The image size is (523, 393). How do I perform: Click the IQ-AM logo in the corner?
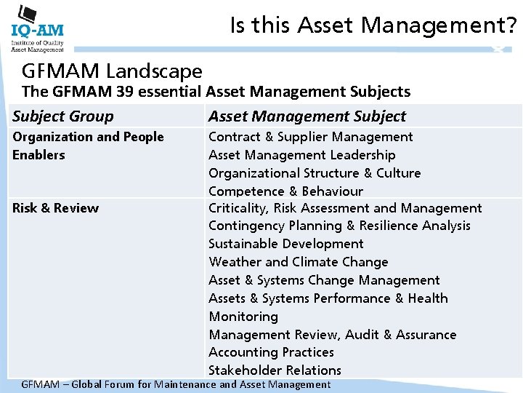(37, 28)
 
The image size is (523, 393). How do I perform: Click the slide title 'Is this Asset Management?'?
(373, 26)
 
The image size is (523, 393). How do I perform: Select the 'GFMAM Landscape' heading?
(112, 71)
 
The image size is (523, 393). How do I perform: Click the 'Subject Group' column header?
(63, 116)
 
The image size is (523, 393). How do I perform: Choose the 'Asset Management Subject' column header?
(307, 116)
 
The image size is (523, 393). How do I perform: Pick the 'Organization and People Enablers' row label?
(88, 146)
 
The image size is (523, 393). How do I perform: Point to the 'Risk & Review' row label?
(55, 208)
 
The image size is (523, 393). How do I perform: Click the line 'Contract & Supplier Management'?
(310, 137)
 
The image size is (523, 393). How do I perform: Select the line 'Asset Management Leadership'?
(301, 155)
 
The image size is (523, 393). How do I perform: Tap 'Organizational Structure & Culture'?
(315, 173)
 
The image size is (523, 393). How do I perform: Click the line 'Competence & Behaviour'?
(285, 191)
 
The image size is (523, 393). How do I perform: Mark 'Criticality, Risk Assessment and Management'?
(345, 208)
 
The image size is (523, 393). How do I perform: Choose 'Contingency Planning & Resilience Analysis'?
(339, 226)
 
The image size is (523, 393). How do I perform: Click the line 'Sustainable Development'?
(286, 244)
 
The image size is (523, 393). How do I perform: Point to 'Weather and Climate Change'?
(298, 262)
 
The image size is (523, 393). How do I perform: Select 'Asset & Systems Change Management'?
(324, 280)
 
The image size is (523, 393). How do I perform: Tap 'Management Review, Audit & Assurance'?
(333, 335)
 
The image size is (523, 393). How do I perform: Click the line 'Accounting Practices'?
(271, 352)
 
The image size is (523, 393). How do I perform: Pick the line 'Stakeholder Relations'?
(275, 370)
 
